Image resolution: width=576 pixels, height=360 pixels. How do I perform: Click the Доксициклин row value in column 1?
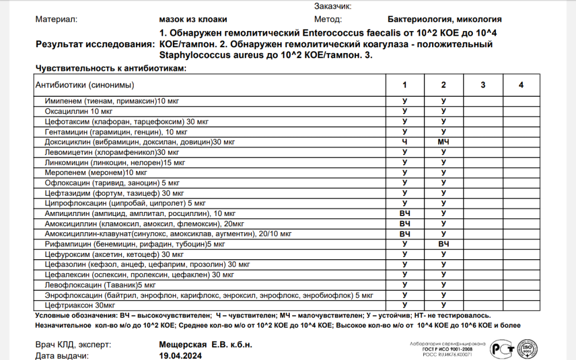(404, 142)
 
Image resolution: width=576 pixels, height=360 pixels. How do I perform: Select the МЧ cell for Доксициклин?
(443, 142)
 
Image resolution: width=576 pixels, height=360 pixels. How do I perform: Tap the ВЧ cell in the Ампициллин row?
(405, 214)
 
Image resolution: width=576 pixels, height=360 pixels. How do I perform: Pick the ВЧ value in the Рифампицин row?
(443, 244)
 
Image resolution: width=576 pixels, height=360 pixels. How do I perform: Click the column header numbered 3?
(483, 85)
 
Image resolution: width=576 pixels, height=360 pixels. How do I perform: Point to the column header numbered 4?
(521, 85)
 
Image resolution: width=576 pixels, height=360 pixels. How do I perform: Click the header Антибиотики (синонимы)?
(85, 85)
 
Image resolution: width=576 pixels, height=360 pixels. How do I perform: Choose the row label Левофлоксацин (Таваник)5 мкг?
(92, 285)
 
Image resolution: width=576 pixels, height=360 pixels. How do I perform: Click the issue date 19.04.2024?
(180, 355)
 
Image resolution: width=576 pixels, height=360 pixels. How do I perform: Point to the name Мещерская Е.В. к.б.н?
(205, 344)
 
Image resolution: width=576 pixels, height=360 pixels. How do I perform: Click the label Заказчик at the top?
(333, 6)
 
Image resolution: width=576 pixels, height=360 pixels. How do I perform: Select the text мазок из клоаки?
(192, 19)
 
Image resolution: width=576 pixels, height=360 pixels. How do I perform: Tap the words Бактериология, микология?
(444, 19)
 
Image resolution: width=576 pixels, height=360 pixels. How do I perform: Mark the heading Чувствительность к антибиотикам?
(111, 69)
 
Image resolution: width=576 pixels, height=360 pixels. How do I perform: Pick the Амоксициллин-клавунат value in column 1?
(405, 234)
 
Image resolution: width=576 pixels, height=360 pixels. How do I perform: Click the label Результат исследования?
(95, 44)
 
